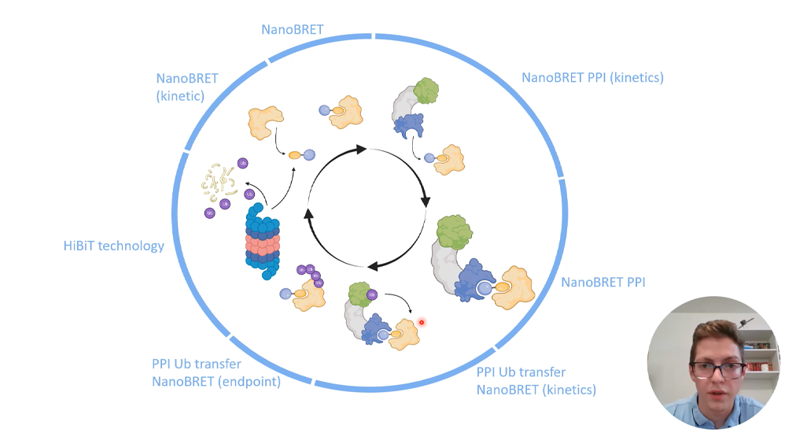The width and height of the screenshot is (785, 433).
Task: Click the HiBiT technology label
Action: click(114, 246)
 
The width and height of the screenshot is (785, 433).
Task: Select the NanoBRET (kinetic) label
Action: click(187, 87)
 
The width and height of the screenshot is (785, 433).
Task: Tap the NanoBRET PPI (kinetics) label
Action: click(592, 78)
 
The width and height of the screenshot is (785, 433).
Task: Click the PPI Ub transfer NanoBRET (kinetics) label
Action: click(536, 381)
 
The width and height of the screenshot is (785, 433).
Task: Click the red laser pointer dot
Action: click(422, 322)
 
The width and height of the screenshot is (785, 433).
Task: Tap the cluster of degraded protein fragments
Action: click(216, 181)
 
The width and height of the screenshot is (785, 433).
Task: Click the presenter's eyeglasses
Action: click(717, 368)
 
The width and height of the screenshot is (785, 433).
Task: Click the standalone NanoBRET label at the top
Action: click(293, 30)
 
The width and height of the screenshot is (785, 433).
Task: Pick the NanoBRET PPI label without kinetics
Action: click(603, 282)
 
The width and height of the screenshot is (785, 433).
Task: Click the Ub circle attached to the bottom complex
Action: click(372, 295)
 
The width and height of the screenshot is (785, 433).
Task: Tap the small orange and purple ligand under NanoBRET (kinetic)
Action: click(301, 155)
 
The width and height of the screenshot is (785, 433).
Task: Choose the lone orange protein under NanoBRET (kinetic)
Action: click(265, 122)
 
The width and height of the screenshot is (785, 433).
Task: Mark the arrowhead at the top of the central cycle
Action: click(361, 149)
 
